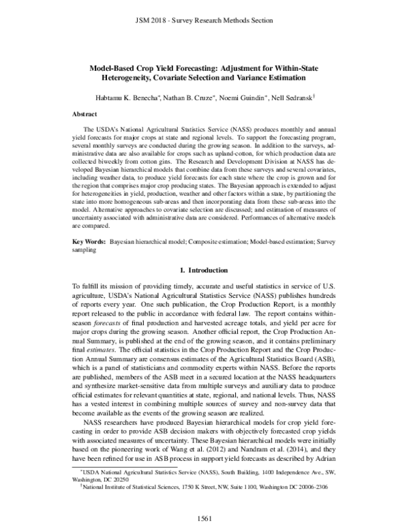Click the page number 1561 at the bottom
[204, 516]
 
